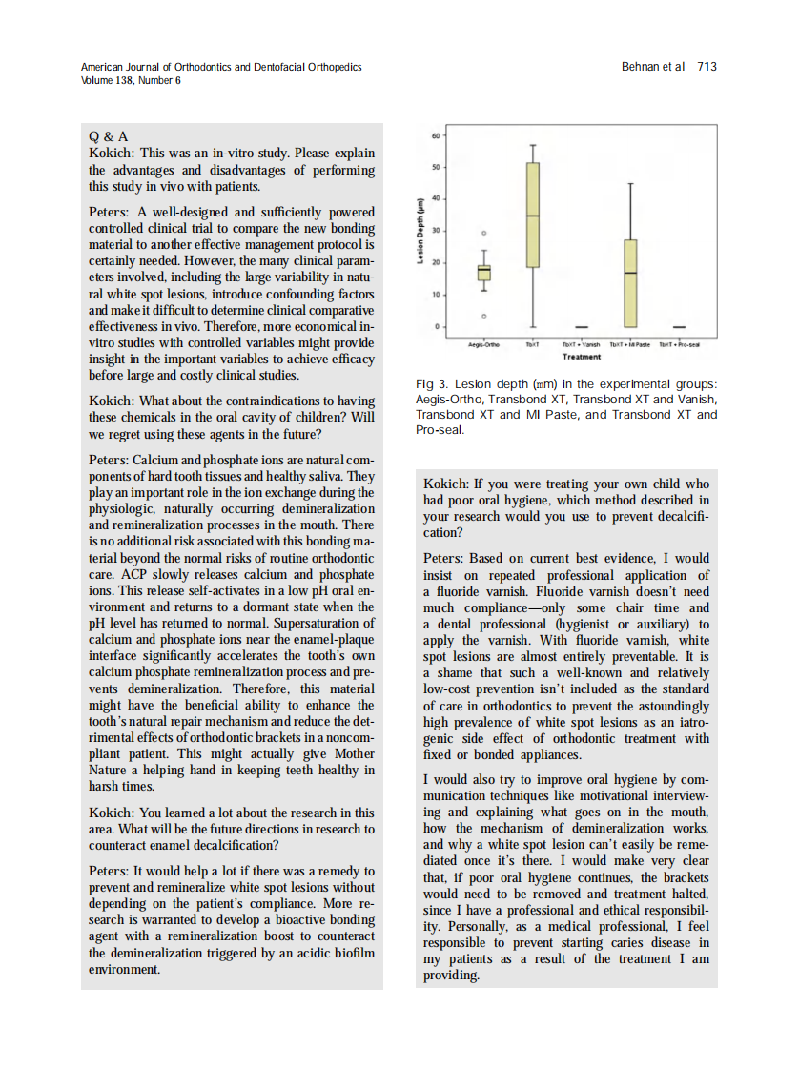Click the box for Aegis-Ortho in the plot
484,273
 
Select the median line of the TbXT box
533,216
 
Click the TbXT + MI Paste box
630,283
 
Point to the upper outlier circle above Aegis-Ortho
484,233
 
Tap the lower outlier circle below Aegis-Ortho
484,316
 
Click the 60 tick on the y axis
437,135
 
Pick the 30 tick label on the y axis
437,231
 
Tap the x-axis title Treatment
582,357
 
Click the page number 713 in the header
707,67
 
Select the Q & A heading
108,136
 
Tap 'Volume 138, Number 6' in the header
132,80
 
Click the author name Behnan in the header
641,67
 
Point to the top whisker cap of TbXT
533,145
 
